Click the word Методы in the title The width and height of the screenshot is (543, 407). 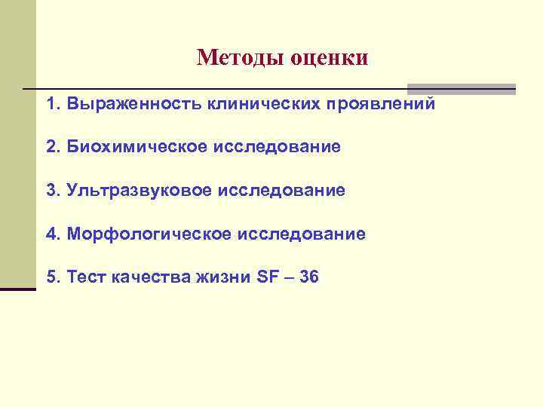(x=238, y=57)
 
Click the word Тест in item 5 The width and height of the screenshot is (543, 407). (x=86, y=277)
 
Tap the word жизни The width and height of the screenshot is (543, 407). (x=218, y=277)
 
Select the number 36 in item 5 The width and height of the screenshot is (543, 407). (x=309, y=277)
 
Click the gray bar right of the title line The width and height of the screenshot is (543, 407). (x=461, y=88)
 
